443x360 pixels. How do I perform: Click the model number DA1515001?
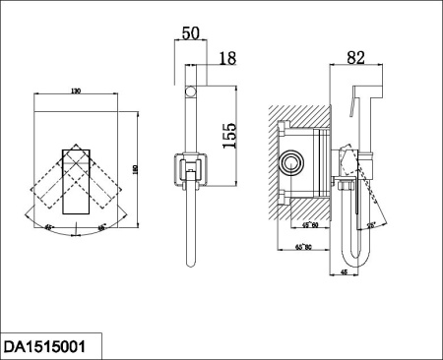(53, 346)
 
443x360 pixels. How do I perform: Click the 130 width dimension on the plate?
(76, 90)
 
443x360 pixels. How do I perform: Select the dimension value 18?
(227, 61)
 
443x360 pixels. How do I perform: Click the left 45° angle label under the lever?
(50, 226)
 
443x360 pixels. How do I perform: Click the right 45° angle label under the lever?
(101, 226)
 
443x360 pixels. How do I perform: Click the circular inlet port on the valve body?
(292, 162)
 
